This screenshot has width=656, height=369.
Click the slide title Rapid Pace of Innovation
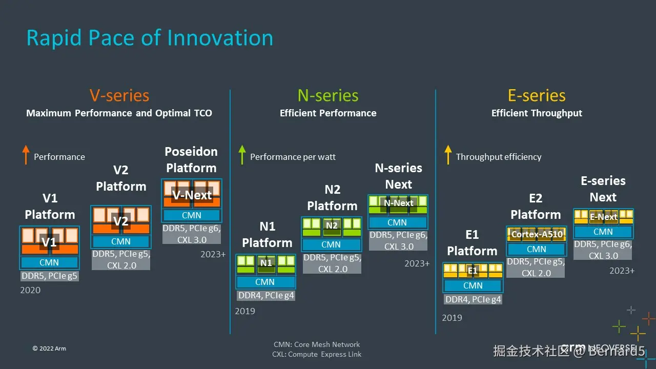(150, 38)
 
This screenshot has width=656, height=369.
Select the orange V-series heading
(119, 95)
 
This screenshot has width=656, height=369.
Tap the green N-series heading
(328, 95)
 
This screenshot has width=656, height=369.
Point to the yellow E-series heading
(537, 95)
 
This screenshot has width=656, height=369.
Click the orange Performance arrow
(26, 155)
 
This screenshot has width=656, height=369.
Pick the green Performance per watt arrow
(242, 155)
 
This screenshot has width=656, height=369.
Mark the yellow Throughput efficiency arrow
(448, 155)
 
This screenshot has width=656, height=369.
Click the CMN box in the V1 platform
(49, 262)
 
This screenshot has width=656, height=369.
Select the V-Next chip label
(192, 195)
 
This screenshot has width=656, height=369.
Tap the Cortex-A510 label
(537, 234)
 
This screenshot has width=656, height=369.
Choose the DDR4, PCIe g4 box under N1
(266, 295)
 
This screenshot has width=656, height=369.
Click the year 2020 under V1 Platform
(30, 290)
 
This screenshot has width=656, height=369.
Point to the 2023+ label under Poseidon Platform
(213, 254)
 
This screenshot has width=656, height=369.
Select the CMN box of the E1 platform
(473, 285)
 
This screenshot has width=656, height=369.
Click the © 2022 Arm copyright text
(49, 348)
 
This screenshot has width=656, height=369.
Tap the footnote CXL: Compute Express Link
(317, 354)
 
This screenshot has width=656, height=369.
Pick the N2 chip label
(332, 225)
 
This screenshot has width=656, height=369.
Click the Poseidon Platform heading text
(191, 159)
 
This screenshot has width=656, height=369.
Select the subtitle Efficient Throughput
(537, 113)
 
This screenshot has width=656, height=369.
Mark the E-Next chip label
(603, 217)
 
